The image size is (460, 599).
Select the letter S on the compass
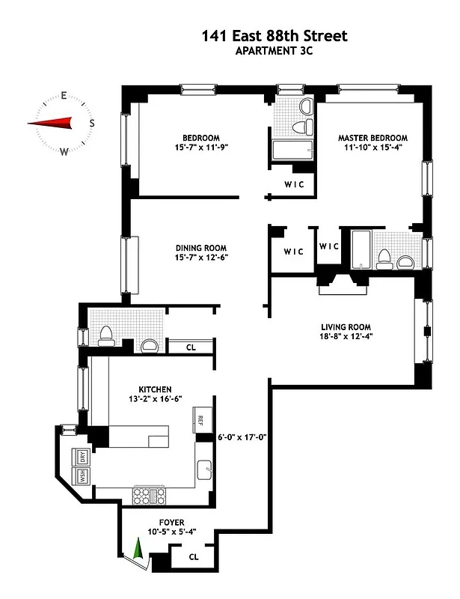(92, 123)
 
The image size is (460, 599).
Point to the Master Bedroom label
(372, 138)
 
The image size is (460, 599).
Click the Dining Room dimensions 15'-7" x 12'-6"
(201, 258)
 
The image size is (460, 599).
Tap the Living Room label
(346, 326)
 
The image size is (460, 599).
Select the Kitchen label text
(156, 389)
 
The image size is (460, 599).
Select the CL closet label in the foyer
(194, 556)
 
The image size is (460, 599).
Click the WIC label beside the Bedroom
(293, 185)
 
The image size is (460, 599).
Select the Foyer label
(172, 522)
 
